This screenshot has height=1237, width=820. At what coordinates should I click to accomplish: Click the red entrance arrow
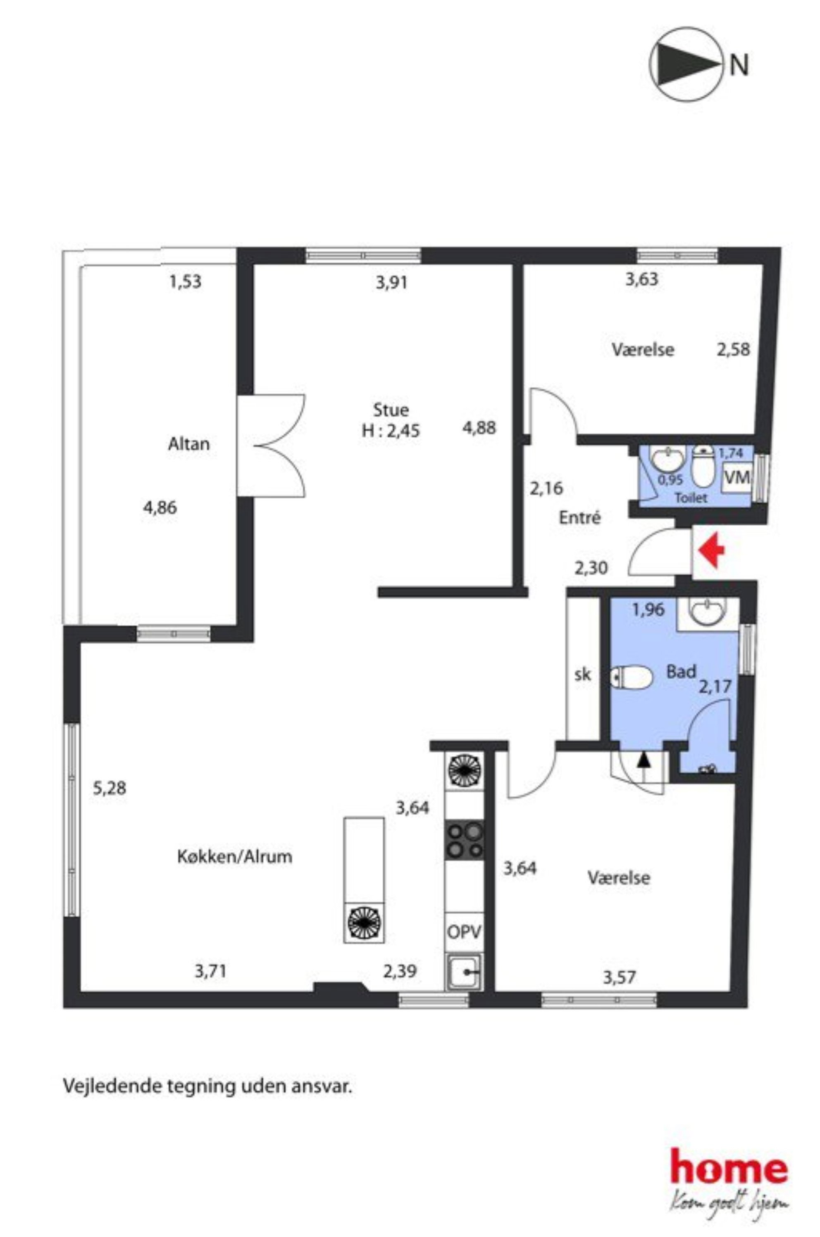pos(712,553)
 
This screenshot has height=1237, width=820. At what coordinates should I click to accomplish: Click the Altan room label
pos(189,444)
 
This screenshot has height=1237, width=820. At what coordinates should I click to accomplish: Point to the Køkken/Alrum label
pos(235,857)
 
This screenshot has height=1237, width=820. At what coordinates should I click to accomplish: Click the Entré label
pos(580,517)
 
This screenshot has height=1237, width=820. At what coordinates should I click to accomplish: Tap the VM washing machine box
pos(737,477)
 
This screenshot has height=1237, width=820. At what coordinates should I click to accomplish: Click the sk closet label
pos(583,675)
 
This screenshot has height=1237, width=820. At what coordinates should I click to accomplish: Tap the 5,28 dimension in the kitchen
pos(109,787)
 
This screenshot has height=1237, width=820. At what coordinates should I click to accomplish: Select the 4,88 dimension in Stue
pos(479,428)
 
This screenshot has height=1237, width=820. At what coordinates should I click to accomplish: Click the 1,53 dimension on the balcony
pos(185,282)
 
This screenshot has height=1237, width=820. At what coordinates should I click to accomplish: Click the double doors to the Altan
pos(271,446)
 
